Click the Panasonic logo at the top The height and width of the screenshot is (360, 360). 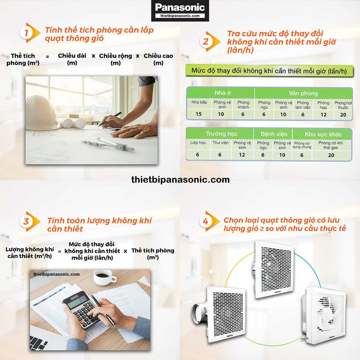click(x=180, y=10)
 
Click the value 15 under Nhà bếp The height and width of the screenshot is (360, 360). click(x=199, y=114)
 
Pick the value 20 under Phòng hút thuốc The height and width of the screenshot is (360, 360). click(x=343, y=115)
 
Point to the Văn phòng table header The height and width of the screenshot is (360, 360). click(x=303, y=93)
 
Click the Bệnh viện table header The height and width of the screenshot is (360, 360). click(x=274, y=134)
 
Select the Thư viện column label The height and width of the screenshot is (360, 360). click(x=220, y=143)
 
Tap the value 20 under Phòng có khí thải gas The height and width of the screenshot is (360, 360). click(x=331, y=155)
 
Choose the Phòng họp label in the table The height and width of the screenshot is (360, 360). click(x=323, y=105)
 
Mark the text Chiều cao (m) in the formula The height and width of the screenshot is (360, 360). click(x=158, y=59)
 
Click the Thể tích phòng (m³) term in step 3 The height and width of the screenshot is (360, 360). click(x=153, y=254)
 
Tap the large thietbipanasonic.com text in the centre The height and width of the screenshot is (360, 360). click(x=181, y=179)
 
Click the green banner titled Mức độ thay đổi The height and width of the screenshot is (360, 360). click(x=269, y=71)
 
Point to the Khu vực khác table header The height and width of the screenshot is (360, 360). click(x=323, y=134)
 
